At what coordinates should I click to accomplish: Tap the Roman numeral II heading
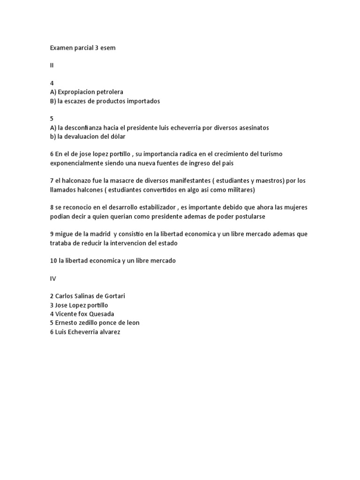52,65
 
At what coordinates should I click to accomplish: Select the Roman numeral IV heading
53,278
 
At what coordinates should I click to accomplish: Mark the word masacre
122,180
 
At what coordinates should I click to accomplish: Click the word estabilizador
152,207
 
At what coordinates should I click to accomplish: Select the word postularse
251,216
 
